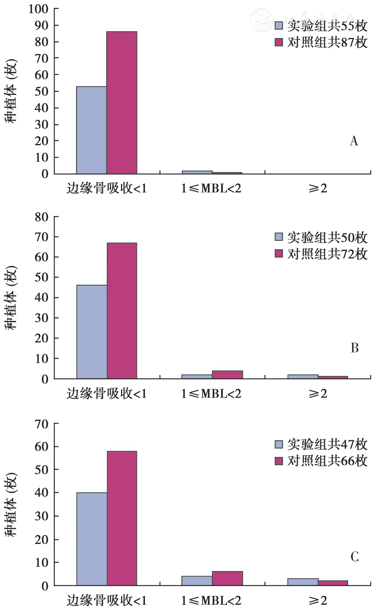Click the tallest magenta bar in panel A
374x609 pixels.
[x=122, y=103]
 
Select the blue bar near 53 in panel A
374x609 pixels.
[x=92, y=130]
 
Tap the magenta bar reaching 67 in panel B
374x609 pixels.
[x=122, y=311]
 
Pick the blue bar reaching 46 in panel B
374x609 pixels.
[x=92, y=332]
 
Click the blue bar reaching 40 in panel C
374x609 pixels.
[x=92, y=539]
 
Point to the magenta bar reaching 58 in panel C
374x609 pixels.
[x=122, y=518]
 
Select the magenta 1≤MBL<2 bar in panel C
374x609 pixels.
[x=227, y=578]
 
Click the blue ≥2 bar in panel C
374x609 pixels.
[x=303, y=582]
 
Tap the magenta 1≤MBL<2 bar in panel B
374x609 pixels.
[x=227, y=374]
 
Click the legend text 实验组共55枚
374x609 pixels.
[x=327, y=26]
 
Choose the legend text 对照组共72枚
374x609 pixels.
[x=327, y=254]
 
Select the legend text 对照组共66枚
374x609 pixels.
[x=327, y=461]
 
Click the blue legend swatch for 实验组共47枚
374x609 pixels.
[x=279, y=444]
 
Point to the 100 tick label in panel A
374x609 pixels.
[x=38, y=9]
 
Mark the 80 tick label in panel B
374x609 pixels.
[x=41, y=217]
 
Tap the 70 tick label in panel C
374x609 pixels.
[x=41, y=424]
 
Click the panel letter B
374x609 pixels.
[x=354, y=348]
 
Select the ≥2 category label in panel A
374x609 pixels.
[x=318, y=189]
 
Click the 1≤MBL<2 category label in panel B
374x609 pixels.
[x=211, y=394]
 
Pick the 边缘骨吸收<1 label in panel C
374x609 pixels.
[x=107, y=600]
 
